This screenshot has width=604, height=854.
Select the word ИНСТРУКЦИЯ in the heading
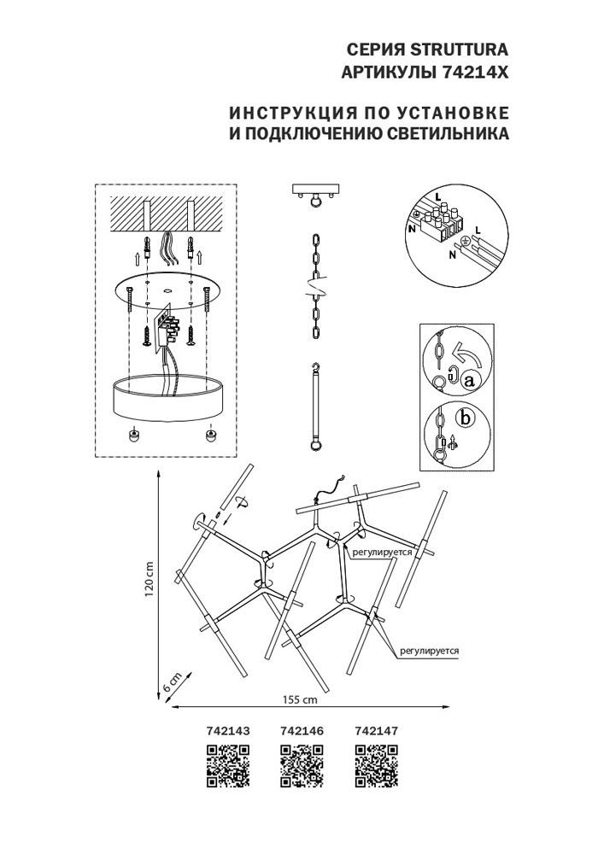point(285,113)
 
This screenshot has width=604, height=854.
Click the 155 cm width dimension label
point(300,699)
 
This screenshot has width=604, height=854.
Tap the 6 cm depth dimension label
point(171,681)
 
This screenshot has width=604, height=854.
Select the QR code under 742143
point(228,764)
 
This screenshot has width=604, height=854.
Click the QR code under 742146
point(302,764)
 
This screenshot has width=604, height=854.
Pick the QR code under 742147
point(376,764)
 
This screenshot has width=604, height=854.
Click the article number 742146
point(302,731)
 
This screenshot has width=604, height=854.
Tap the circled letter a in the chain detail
point(468,381)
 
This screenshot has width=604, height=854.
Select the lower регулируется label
point(429,651)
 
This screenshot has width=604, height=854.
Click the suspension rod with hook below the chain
point(317,407)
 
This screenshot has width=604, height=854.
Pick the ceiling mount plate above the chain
point(317,189)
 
